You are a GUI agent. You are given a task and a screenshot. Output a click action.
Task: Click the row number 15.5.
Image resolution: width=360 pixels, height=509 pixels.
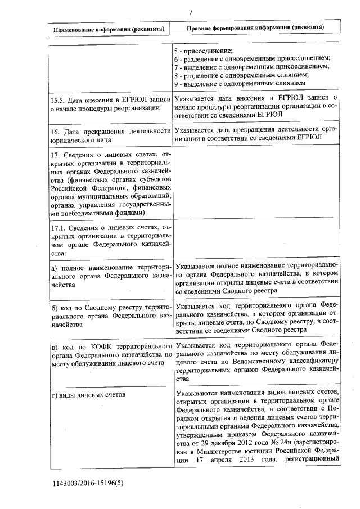58,100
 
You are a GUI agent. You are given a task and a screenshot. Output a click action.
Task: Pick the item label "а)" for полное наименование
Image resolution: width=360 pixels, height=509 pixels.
54,267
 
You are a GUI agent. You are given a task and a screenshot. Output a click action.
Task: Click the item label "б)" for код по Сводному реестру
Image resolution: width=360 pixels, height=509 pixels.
55,309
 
